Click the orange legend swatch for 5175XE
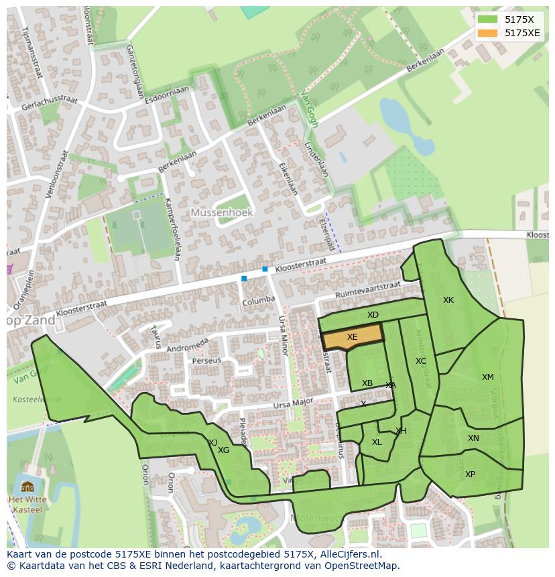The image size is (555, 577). pos(487,33)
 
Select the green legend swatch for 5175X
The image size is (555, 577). pos(487,19)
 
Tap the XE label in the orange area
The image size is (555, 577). pos(352,337)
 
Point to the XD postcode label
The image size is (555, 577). pos(373,315)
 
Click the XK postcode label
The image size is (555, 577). pos(448,300)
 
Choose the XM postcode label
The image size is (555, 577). pos(487,377)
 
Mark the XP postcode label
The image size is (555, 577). pos(470,474)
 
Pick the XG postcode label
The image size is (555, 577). pos(224,450)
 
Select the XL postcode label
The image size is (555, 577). pos(377,442)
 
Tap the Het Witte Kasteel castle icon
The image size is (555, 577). pos(27,487)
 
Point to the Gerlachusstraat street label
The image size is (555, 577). pos(49,103)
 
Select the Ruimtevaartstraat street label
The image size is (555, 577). pos(368,290)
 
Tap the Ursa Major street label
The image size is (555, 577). pos(293,404)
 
